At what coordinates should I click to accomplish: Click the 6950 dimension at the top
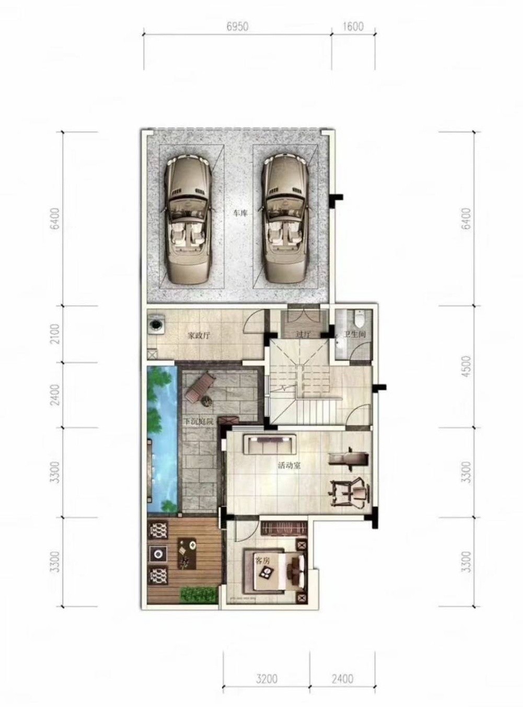237,27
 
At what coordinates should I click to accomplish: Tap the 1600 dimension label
353,27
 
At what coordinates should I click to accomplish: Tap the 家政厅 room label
198,335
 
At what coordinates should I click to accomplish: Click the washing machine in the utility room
156,324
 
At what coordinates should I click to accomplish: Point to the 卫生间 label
354,335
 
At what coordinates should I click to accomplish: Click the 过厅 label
302,335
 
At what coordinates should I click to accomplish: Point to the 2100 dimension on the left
56,333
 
